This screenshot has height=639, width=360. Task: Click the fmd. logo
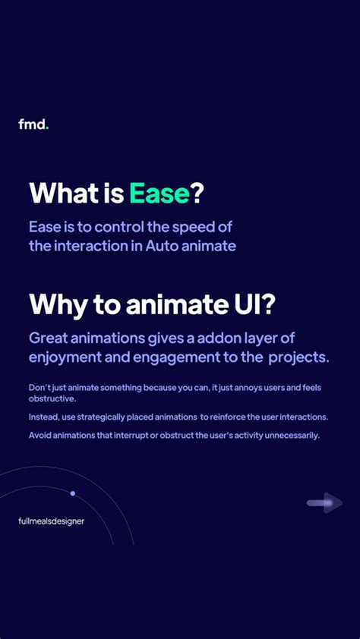click(x=33, y=124)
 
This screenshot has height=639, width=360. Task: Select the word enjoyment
click(x=71, y=357)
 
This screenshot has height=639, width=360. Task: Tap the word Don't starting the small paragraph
click(x=42, y=388)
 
